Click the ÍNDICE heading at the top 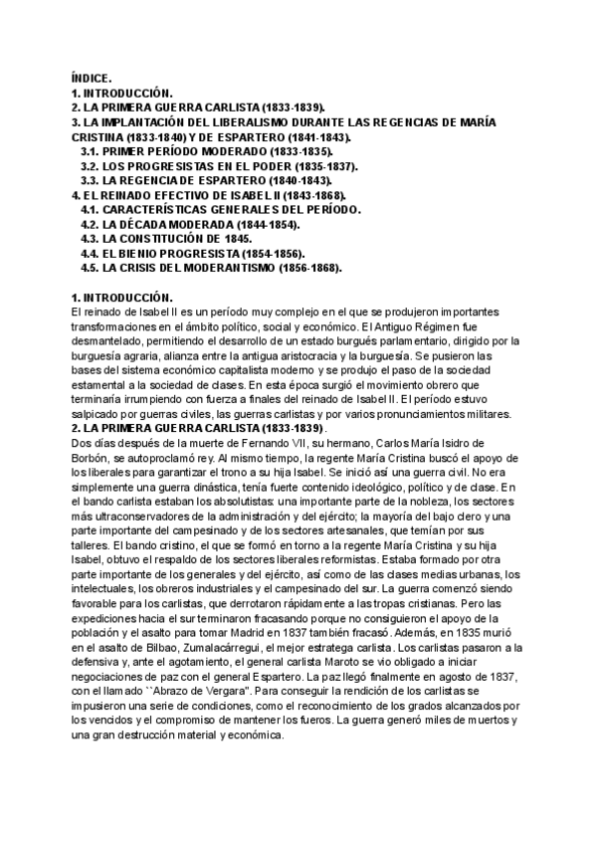pyautogui.click(x=93, y=77)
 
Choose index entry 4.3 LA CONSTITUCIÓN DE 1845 pyautogui.click(x=166, y=240)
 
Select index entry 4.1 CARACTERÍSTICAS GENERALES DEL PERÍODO pyautogui.click(x=221, y=210)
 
